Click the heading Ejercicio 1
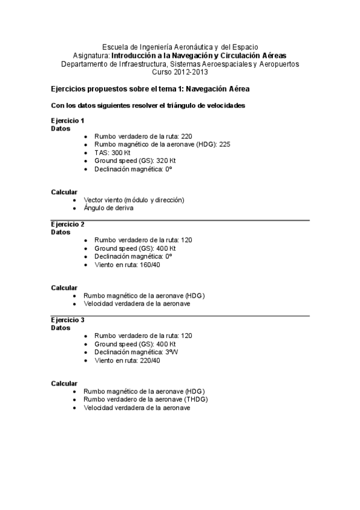click(x=67, y=120)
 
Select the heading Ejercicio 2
click(x=67, y=224)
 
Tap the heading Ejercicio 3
click(x=67, y=320)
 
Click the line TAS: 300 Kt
click(x=112, y=153)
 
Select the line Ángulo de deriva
click(x=108, y=208)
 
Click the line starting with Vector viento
click(x=133, y=200)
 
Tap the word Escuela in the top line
click(x=115, y=46)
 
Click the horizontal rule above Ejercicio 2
click(x=180, y=220)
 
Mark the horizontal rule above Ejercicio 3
click(x=180, y=316)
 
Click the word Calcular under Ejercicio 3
click(x=64, y=383)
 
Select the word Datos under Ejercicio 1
click(x=61, y=128)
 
